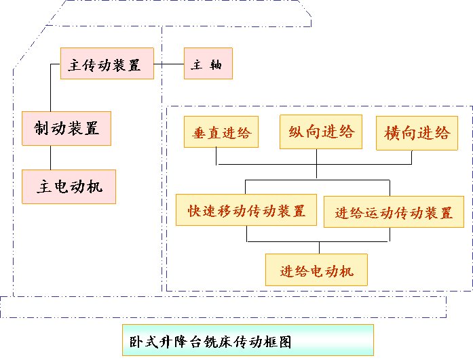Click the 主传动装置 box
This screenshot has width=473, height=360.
(107, 64)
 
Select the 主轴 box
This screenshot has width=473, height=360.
(208, 64)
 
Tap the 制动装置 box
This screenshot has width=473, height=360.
(67, 128)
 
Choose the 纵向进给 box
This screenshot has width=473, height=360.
(321, 132)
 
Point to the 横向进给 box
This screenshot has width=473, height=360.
(417, 133)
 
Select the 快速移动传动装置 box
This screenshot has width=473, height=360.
(246, 210)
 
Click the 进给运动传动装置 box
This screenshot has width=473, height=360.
(394, 212)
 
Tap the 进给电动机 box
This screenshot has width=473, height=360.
(316, 271)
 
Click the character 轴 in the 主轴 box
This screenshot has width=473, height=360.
(216, 65)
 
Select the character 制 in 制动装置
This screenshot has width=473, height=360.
(42, 128)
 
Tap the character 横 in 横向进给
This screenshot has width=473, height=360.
(393, 133)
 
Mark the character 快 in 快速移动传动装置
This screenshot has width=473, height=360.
(195, 210)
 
